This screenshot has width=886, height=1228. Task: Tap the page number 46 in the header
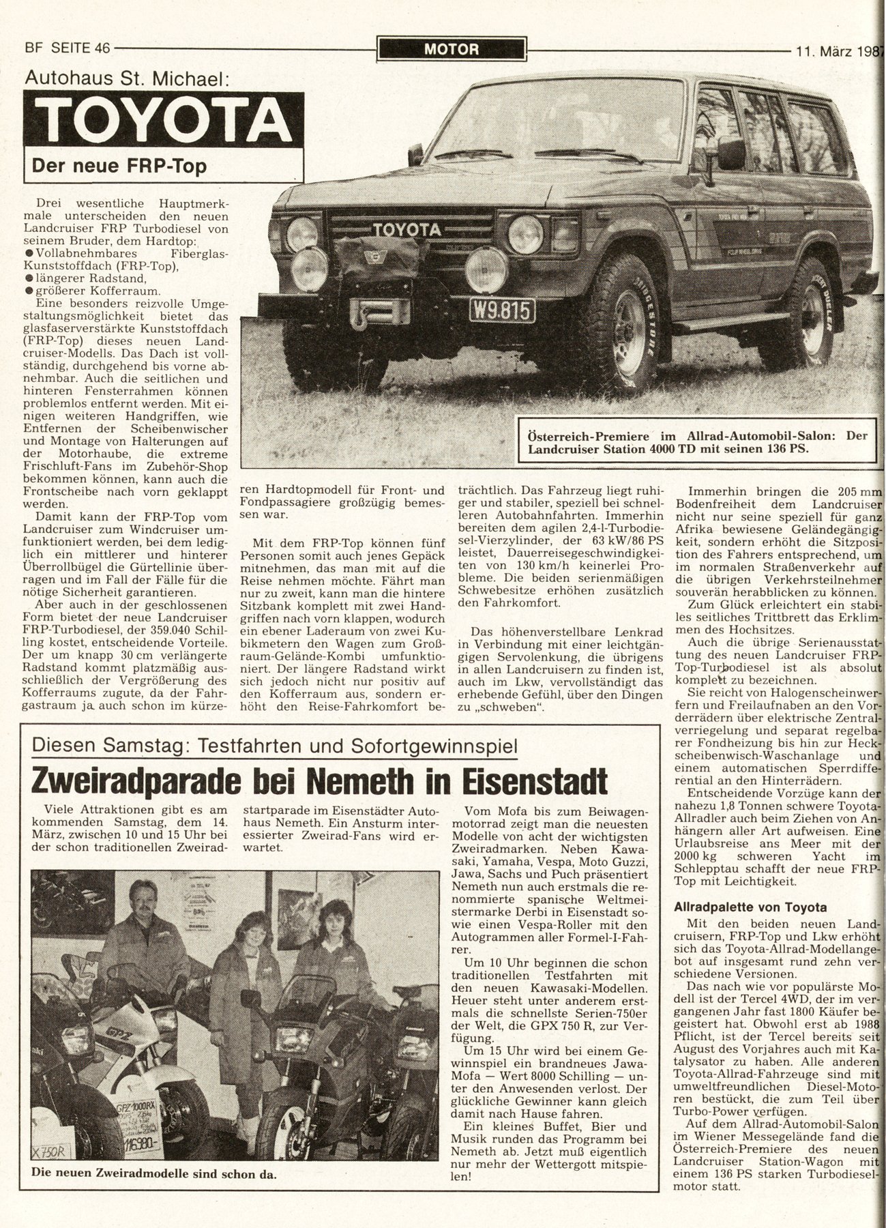tap(102, 48)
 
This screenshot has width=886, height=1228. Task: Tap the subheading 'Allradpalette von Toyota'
tap(750, 907)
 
